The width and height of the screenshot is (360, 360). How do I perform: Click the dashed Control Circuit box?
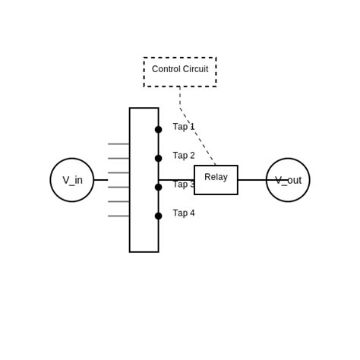click(180, 72)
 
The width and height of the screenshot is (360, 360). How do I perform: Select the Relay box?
click(216, 180)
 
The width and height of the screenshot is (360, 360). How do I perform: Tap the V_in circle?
click(72, 180)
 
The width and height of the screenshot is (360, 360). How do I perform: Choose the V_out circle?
click(288, 180)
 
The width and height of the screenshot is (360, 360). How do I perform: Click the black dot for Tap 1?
click(158, 130)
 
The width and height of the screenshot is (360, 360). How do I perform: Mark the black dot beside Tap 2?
click(158, 159)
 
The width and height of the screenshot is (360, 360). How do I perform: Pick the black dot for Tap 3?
click(158, 187)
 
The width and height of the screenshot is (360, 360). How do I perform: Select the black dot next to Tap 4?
click(158, 216)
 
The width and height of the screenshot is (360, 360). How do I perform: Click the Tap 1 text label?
click(184, 127)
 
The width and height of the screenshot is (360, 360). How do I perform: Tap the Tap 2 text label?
click(184, 156)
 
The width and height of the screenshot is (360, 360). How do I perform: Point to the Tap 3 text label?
click(182, 185)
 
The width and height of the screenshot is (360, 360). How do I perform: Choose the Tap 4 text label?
click(184, 213)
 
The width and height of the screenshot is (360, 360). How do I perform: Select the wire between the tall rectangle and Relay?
click(176, 180)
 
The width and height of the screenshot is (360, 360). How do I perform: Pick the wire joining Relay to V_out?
click(251, 180)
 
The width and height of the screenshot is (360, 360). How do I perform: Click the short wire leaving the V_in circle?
click(100, 180)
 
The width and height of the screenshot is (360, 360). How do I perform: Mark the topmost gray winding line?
click(118, 144)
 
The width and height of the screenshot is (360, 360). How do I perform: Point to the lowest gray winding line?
click(118, 216)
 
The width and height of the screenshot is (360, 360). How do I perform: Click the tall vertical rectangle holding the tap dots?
click(144, 235)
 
